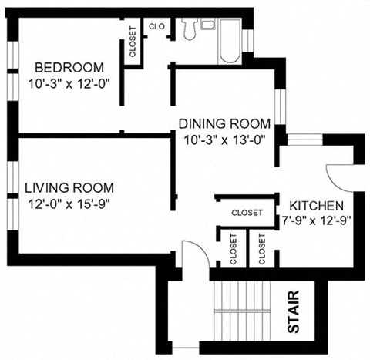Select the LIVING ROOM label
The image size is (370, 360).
pos(69,187)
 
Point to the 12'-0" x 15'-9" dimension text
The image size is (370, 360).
pos(69,204)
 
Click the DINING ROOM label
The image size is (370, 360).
pos(224,124)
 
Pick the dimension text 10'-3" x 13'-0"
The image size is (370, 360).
pos(224,140)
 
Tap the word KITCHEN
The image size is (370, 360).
pos(316,206)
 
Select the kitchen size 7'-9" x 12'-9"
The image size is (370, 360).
pos(316,220)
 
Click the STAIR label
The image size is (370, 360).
pos(294,315)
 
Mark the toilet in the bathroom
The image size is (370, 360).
pos(190,29)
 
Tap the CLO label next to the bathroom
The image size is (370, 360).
pos(157,25)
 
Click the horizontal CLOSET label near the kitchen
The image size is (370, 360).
pos(247,212)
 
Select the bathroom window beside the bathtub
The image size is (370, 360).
pos(247,39)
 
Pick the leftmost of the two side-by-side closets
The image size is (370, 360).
pos(234,248)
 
